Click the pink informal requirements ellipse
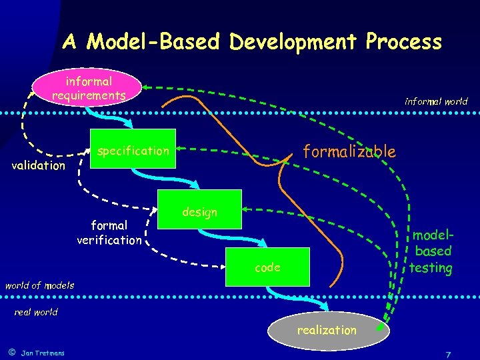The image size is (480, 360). point(89,89)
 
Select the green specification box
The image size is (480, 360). point(133,149)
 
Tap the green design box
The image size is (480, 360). point(200,211)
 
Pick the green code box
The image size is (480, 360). point(267,267)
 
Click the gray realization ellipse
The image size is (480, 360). point(327,330)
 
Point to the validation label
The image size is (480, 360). point(39,165)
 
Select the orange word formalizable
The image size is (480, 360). point(349,151)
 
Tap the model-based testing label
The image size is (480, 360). point(431,251)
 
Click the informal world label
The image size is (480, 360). point(436,102)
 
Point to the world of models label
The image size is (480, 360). point(39,285)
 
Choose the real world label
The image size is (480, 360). point(36,312)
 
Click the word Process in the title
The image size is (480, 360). point(403,42)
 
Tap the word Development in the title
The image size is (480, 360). point(295,42)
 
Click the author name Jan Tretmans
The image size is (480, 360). point(43,353)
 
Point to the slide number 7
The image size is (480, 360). point(449,354)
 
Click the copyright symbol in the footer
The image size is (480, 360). point(11,352)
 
